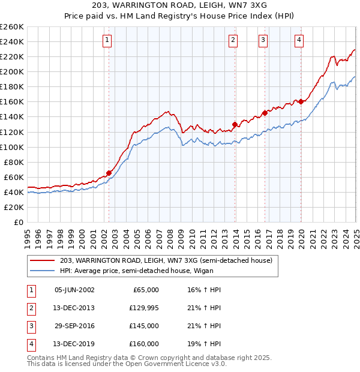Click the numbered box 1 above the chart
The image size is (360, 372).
click(x=107, y=40)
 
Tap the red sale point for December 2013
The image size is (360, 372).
click(x=235, y=124)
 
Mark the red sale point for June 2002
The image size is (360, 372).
click(x=109, y=173)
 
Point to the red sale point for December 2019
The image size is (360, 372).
click(x=301, y=101)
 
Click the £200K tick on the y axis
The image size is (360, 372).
click(x=12, y=71)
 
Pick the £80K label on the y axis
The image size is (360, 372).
click(x=14, y=162)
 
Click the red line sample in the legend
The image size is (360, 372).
click(x=43, y=260)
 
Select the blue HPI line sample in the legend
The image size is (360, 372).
click(x=43, y=271)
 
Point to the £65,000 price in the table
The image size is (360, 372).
click(x=145, y=290)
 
